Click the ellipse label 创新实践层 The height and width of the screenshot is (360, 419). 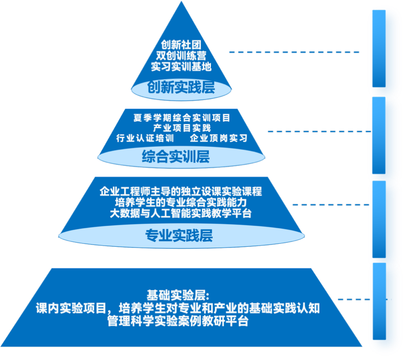tap(181, 87)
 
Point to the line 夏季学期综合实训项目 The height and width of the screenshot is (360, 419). tap(182, 118)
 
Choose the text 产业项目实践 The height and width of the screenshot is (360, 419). tap(181, 128)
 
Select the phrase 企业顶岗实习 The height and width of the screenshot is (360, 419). tap(218, 138)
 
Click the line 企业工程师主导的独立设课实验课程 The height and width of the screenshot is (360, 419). tap(181, 192)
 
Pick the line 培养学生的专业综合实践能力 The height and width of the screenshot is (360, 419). tap(181, 203)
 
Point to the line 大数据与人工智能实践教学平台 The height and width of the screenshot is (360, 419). tap(181, 213)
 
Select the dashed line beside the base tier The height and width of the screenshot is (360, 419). tap(354, 299)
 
